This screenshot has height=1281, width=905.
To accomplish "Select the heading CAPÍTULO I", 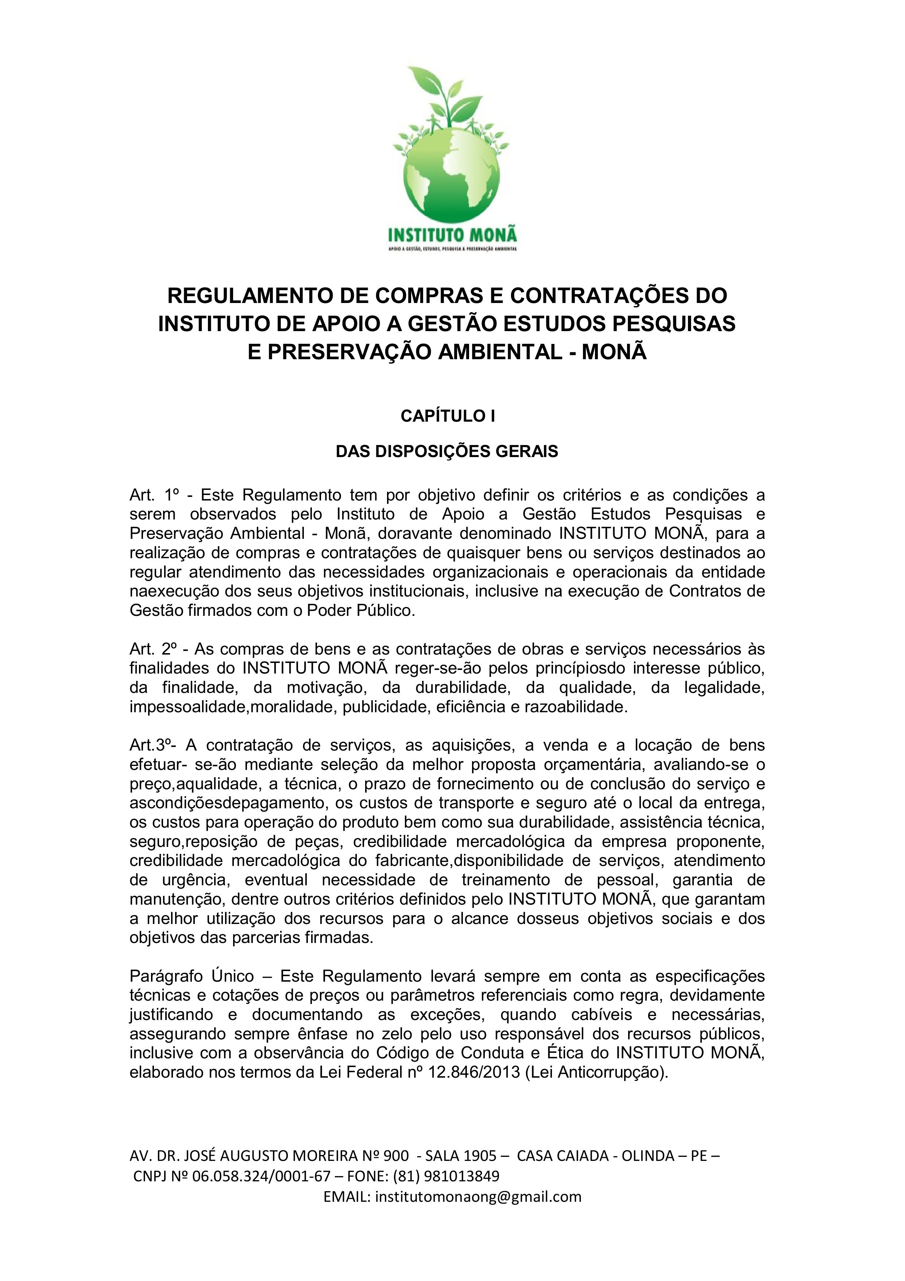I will click(448, 416).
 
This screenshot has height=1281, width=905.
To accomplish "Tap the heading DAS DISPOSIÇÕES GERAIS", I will click(446, 451).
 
